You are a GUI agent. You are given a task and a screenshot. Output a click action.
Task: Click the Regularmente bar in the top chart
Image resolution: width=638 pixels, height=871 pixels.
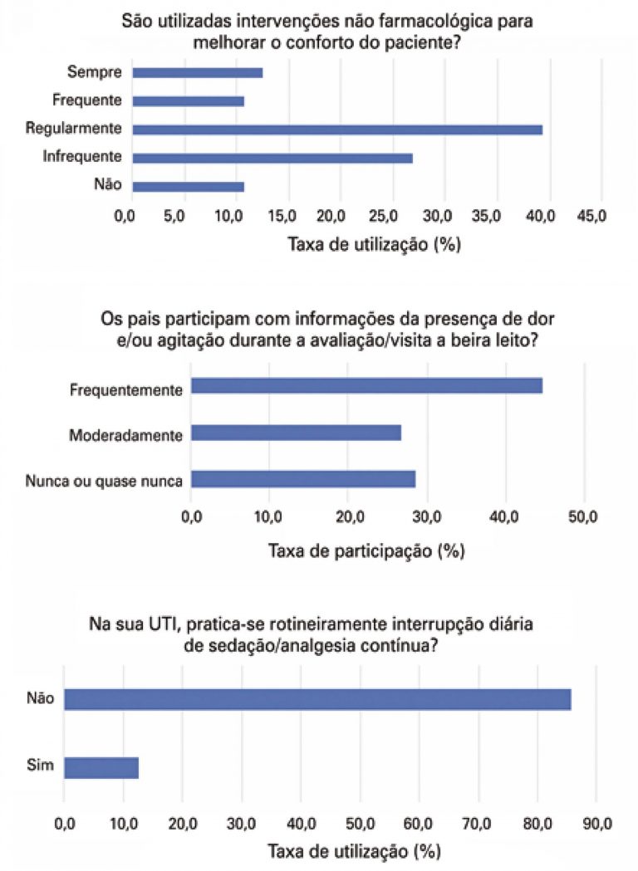point(337,129)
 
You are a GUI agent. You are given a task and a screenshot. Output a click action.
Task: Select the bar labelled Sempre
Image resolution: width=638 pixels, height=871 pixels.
point(198,72)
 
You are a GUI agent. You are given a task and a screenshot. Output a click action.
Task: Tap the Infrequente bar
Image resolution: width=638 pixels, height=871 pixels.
point(272,158)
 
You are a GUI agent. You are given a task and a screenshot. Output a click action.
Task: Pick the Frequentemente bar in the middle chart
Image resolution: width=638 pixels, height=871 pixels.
point(366,386)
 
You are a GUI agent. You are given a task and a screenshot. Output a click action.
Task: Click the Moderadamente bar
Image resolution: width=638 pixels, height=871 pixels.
point(296,433)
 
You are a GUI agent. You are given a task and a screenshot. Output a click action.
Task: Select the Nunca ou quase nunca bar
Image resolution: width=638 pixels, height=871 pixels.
point(303,479)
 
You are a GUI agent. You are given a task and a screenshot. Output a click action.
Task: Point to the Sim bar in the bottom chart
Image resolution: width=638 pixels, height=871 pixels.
point(101,767)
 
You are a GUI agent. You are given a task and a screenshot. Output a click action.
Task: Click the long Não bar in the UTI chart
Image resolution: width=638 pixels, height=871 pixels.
point(317,698)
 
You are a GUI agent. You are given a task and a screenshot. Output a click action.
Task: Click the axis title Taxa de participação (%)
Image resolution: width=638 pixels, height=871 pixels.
point(366,550)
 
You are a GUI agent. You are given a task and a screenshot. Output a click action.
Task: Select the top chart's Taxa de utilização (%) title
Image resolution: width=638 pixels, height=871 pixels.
point(374,245)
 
